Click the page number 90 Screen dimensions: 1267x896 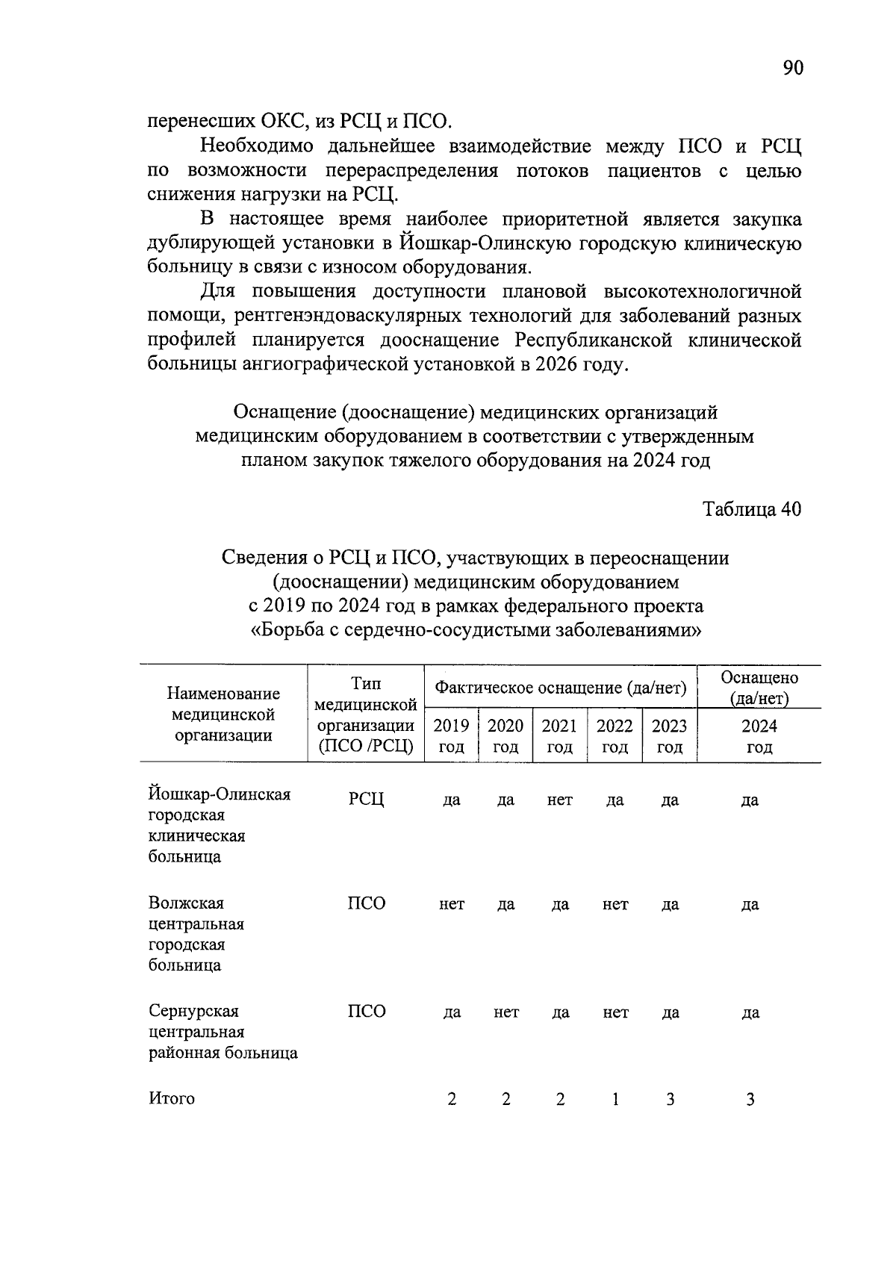pos(793,68)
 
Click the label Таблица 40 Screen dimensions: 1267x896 pos(752,509)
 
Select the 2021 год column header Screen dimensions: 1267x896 pos(559,736)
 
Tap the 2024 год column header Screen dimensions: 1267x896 pos(759,736)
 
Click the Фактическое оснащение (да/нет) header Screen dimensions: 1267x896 pos(561,688)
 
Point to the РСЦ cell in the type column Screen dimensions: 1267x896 pos(366,800)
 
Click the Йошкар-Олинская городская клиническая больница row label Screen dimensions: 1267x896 pos(219,825)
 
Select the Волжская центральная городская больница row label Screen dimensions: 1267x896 pos(196,934)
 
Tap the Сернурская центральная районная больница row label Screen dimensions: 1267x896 pos(223,1032)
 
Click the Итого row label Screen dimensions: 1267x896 pos(172,1098)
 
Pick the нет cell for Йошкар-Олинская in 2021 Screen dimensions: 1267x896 pos(559,800)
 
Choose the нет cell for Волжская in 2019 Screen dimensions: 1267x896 pos(452,904)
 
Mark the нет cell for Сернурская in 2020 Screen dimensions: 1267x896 pos(505,1012)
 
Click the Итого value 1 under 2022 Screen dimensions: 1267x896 pos(615,1099)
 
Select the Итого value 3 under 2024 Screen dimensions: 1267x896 pos(750,1099)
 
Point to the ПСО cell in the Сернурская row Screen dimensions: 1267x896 pos(367,1012)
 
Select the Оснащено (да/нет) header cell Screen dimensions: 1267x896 pos(759,688)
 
